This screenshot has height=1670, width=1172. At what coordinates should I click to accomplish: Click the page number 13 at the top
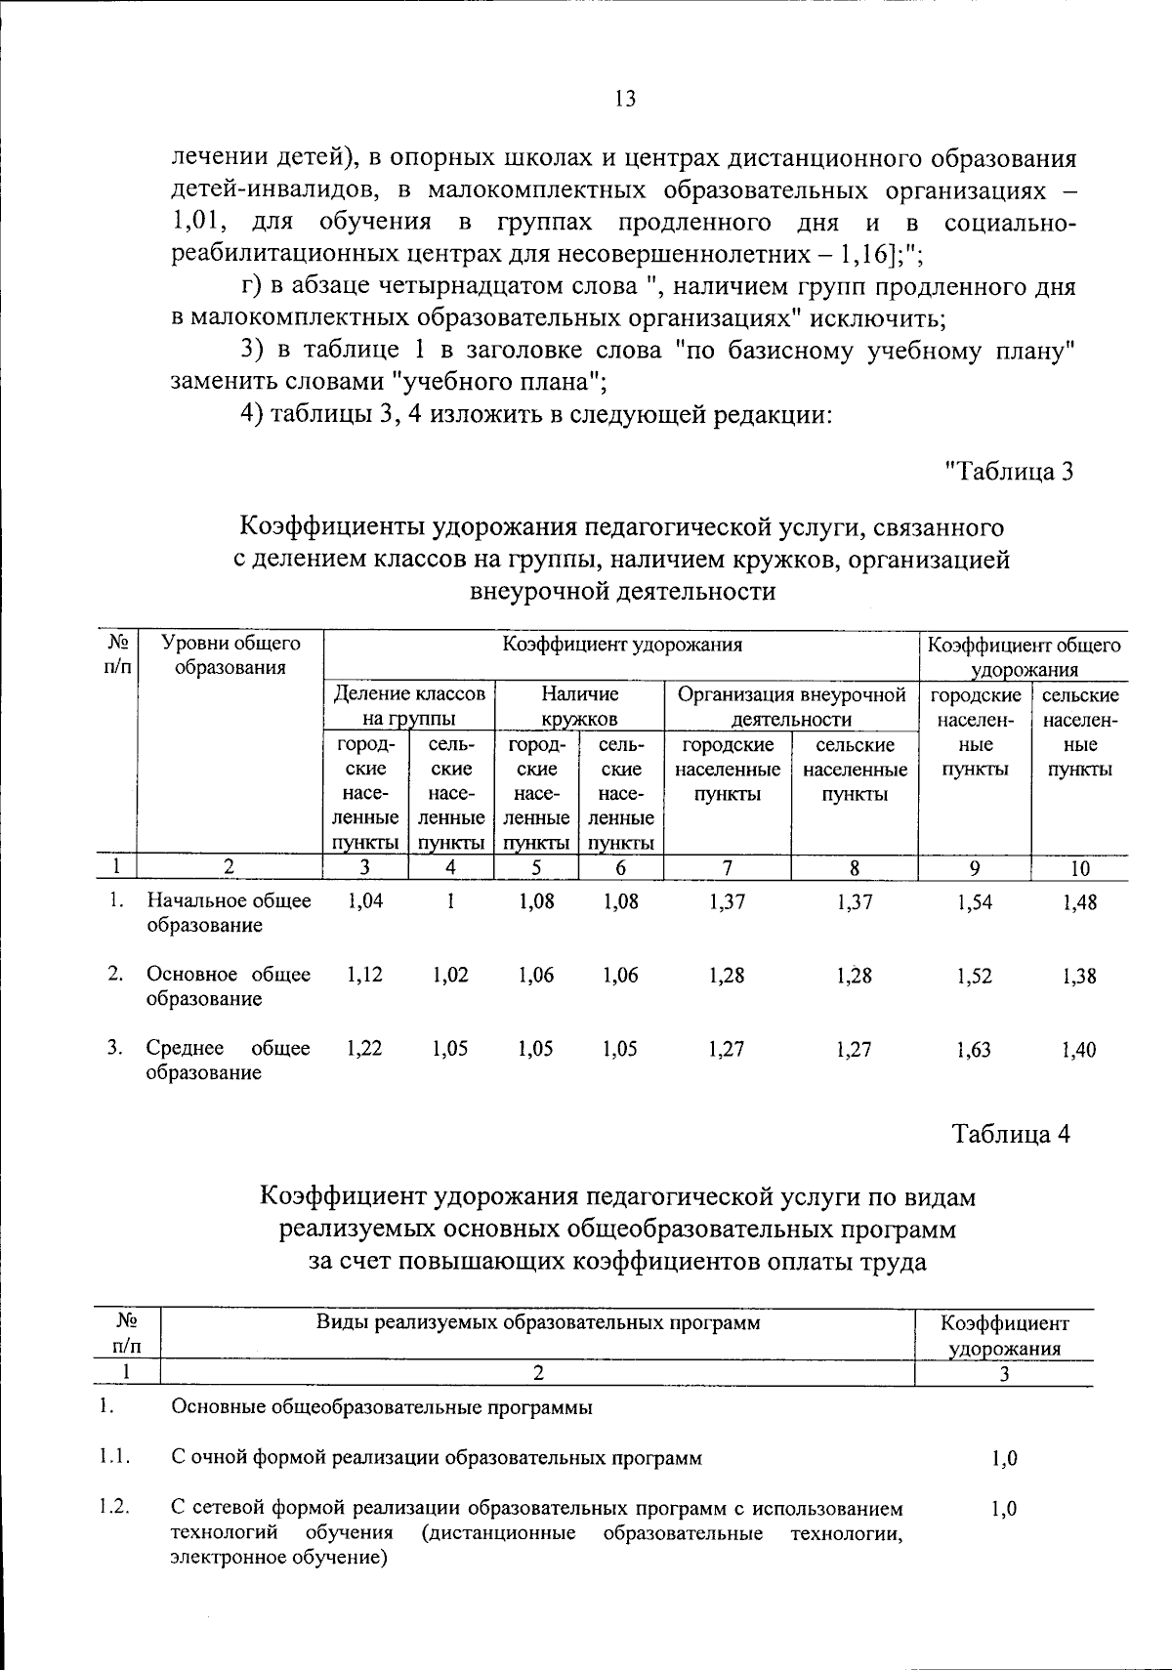625,99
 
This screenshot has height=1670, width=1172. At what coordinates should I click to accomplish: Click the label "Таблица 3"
1009,471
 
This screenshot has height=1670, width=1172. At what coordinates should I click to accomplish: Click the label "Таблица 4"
1012,1134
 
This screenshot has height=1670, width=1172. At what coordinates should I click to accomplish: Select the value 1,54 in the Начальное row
975,902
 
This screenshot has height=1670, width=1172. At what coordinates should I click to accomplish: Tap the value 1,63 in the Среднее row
975,1050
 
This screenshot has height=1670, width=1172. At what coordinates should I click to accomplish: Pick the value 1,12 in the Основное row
365,975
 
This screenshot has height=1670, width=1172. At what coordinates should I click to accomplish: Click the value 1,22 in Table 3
365,1048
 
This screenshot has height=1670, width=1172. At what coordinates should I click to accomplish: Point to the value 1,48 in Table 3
1079,902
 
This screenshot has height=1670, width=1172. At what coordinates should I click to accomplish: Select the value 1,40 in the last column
1079,1050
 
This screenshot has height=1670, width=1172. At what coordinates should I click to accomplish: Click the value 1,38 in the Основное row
1079,976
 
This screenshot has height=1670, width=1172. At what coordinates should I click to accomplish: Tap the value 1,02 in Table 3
450,975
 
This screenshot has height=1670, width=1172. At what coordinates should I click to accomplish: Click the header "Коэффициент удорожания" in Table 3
622,645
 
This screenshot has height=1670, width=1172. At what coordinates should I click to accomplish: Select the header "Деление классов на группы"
409,706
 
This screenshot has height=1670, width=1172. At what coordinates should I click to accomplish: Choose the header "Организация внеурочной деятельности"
791,706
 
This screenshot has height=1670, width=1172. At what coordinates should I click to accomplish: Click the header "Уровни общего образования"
230,655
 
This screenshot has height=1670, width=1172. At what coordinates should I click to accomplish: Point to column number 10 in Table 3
1079,868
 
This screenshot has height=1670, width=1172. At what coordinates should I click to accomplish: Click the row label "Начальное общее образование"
229,912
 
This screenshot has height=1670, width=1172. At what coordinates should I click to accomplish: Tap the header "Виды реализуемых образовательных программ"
537,1323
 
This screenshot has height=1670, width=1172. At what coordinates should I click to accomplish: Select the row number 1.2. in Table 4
114,1507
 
